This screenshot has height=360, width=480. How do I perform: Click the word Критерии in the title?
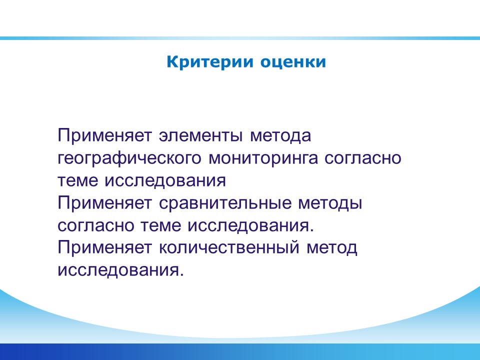(210, 62)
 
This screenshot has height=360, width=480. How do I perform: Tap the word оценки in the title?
(293, 62)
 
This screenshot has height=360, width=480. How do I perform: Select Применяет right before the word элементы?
(104, 135)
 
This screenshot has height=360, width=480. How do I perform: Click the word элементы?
(200, 135)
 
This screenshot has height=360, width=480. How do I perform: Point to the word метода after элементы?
(280, 136)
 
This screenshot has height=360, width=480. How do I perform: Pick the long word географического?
(129, 158)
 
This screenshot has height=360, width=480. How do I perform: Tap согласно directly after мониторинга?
(363, 158)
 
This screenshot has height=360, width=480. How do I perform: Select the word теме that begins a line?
(78, 180)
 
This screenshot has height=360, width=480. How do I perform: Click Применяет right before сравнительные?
(104, 203)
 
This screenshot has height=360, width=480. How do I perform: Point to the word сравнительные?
(225, 203)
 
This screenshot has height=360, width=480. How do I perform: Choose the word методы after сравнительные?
(330, 203)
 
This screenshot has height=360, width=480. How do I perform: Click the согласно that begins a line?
(96, 225)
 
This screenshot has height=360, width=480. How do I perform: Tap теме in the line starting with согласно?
(160, 225)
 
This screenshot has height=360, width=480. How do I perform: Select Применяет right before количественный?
(104, 247)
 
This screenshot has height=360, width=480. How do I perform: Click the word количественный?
(229, 247)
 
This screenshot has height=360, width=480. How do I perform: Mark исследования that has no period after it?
(165, 180)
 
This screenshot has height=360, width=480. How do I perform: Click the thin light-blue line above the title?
(240, 38)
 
